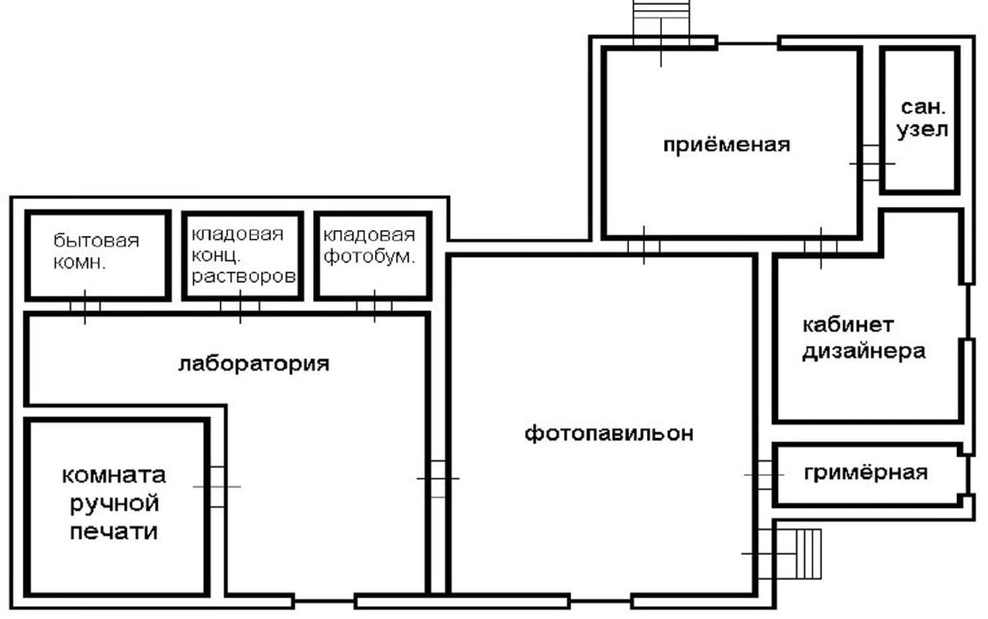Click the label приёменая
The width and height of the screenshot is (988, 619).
tap(726, 145)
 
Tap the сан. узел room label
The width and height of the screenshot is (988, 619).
tap(922, 119)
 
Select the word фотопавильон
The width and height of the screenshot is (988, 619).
tap(609, 434)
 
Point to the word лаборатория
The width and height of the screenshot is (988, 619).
tap(254, 364)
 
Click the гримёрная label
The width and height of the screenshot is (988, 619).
tap(866, 473)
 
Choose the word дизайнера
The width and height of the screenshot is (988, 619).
tap(864, 352)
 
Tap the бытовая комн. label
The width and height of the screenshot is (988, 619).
tap(96, 252)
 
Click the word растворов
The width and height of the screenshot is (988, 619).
tap(244, 276)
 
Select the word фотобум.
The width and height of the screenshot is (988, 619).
tap(370, 256)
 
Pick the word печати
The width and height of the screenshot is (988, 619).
tap(114, 531)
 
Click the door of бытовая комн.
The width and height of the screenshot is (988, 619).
tap(84, 307)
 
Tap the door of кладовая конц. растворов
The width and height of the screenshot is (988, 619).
tap(240, 307)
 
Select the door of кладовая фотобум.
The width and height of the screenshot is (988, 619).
tap(374, 306)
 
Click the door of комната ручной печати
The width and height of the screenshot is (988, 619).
tap(217, 487)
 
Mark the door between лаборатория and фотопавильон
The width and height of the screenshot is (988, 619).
tap(438, 478)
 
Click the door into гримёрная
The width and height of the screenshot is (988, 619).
tap(764, 475)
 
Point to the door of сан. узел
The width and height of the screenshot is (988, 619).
tap(872, 163)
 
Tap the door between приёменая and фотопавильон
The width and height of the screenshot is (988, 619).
tap(644, 246)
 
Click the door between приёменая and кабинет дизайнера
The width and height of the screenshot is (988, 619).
tap(821, 247)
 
